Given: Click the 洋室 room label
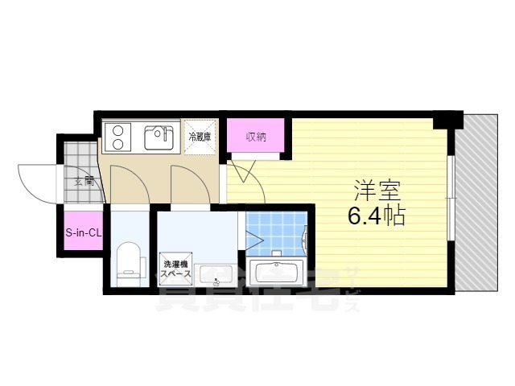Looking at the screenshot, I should pyautogui.click(x=377, y=191).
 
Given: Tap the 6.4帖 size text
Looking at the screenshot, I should pyautogui.click(x=377, y=216).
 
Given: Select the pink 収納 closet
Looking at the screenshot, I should pyautogui.click(x=256, y=135).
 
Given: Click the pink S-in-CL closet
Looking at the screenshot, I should pyautogui.click(x=82, y=233).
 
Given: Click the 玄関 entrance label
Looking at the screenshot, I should pyautogui.click(x=84, y=182).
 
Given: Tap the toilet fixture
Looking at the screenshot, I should pyautogui.click(x=129, y=261).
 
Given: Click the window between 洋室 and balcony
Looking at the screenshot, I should pyautogui.click(x=451, y=193).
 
